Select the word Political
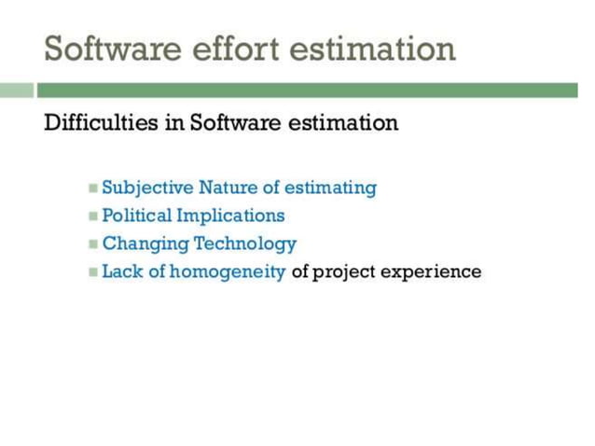point(136,216)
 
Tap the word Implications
point(230,216)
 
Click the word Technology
point(245,244)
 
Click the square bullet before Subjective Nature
point(93,188)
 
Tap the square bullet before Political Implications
point(93,216)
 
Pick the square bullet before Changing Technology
point(93,244)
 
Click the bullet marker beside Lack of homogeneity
point(93,272)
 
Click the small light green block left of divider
point(16,91)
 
